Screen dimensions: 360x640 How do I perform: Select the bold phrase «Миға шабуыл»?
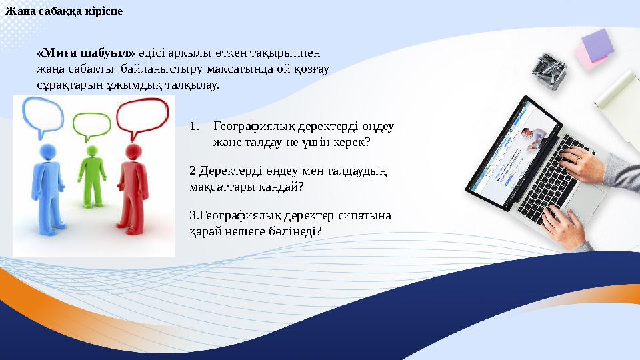tap(86, 51)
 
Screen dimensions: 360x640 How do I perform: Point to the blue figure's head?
tap(49, 151)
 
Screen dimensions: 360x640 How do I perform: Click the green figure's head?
tap(91, 153)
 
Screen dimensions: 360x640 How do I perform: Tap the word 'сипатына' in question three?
tap(369, 215)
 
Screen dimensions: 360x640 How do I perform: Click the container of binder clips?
tap(551, 71)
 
